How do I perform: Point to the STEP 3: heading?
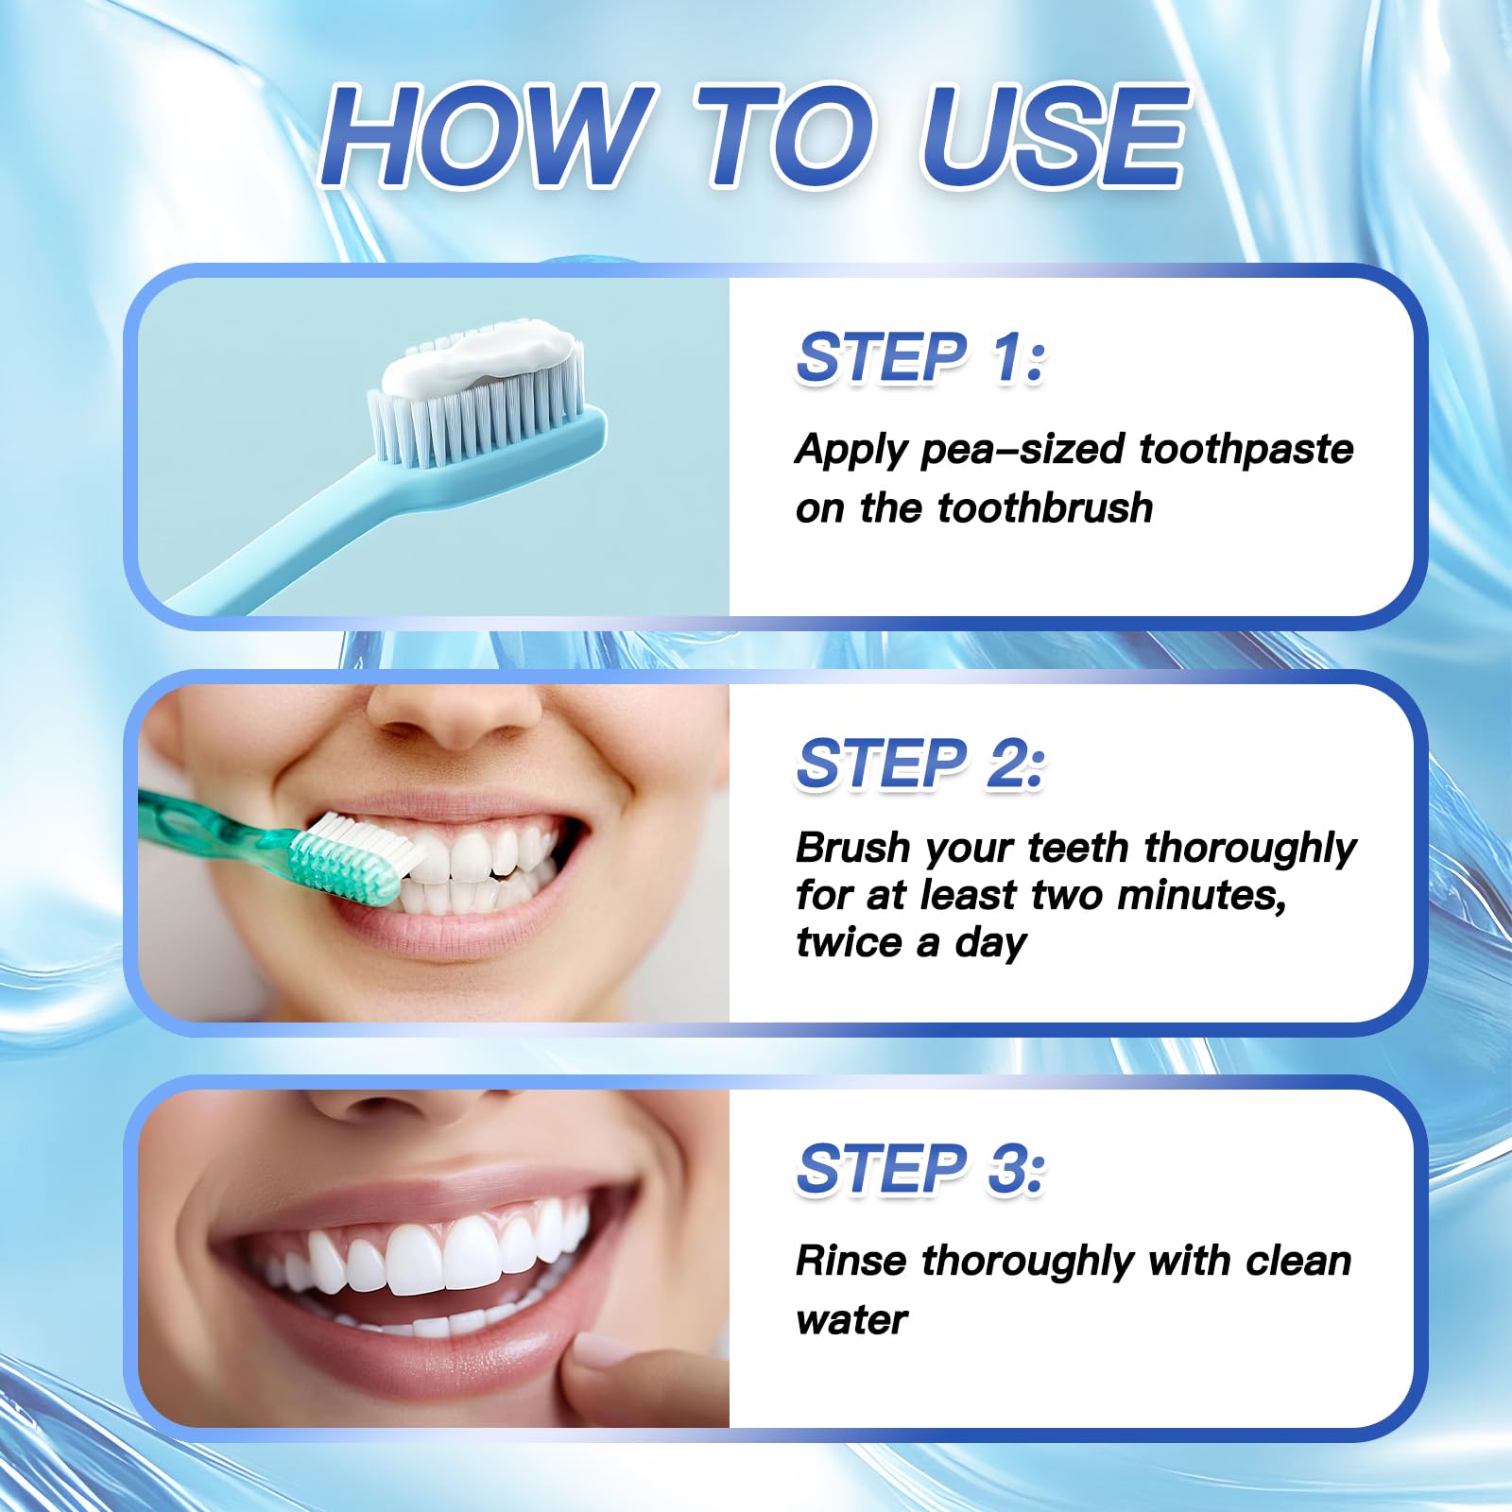(x=920, y=1169)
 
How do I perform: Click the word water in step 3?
(x=850, y=1320)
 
